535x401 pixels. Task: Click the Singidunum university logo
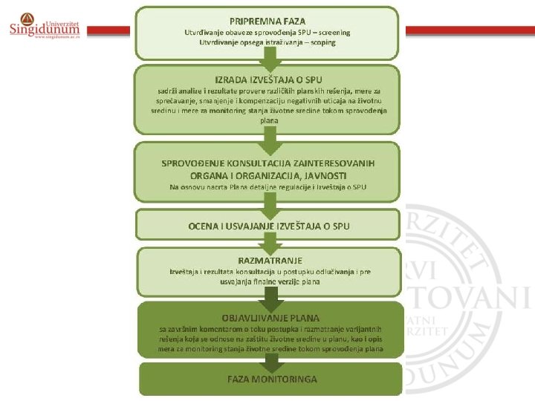coord(45,27)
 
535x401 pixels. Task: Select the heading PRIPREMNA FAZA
coord(267,21)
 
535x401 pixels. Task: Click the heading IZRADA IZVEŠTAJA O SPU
coord(267,79)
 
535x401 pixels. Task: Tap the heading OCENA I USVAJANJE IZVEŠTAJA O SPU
coord(268,225)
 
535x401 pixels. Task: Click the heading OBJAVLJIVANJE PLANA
coord(270,318)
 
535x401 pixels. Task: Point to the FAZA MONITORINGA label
coord(272,379)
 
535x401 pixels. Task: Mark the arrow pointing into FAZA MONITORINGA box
coord(272,362)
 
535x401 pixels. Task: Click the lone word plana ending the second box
coord(270,120)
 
